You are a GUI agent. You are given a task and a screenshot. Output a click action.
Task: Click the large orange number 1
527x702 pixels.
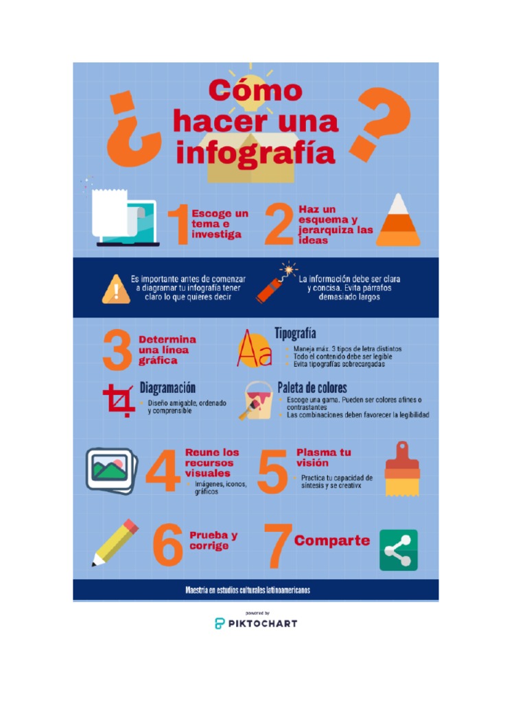(180, 225)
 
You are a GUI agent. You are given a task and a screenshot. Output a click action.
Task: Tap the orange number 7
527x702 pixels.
(278, 545)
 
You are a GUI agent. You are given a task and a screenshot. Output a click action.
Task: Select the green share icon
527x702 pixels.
(399, 550)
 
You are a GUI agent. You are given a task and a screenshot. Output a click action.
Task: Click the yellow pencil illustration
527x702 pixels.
(115, 543)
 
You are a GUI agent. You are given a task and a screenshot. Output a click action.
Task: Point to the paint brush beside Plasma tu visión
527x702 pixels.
(402, 469)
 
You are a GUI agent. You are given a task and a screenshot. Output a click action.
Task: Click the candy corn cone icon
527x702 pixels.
(398, 220)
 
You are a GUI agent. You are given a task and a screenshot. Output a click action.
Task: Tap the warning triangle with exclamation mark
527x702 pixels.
(116, 289)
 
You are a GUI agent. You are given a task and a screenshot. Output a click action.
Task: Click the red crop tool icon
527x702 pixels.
(118, 400)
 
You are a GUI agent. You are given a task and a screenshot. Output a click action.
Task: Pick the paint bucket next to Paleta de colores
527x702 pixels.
(257, 400)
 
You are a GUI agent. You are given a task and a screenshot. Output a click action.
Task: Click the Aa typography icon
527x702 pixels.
(254, 349)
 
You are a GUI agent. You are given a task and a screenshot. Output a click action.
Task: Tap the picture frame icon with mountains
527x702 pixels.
(111, 470)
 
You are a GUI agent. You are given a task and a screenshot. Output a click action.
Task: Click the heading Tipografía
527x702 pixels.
(295, 334)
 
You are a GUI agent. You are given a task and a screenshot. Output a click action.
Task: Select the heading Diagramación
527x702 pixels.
(167, 388)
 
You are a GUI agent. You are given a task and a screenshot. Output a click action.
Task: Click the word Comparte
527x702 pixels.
(332, 541)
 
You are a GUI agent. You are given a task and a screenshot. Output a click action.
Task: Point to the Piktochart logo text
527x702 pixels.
(263, 623)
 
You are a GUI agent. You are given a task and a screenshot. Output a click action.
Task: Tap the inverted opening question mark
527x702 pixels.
(132, 129)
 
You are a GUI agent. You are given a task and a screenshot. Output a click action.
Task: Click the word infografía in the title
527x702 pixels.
(255, 154)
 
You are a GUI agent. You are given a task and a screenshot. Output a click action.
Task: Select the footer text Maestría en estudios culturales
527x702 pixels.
(247, 590)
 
